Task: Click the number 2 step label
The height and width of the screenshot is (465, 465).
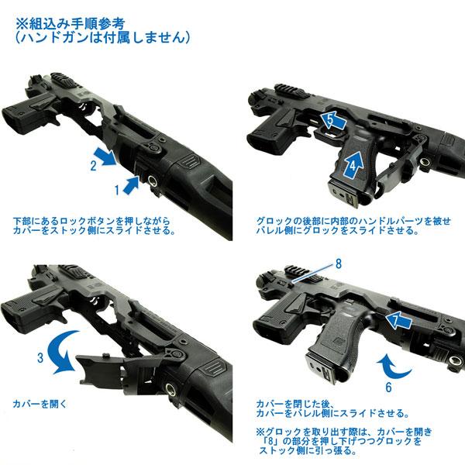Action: (x=92, y=164)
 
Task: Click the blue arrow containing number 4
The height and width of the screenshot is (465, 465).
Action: (x=353, y=162)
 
